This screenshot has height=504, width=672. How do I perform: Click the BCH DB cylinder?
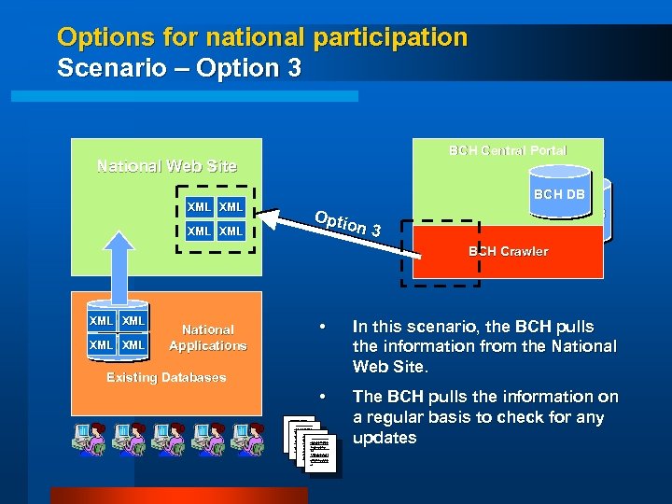coord(559,194)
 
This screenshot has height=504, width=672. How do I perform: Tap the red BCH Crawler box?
coord(509,251)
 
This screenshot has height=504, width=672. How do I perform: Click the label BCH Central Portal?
coord(508,150)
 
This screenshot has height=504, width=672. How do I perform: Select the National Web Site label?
coord(167,166)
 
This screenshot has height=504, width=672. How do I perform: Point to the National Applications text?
coord(208,337)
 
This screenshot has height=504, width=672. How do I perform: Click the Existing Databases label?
coord(166,377)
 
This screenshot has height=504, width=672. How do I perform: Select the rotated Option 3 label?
coord(347,223)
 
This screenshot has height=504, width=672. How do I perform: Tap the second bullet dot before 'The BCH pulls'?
coord(321,398)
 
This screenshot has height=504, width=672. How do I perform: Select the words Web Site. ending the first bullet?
coord(386,367)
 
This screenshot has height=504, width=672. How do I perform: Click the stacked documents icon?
coord(310,445)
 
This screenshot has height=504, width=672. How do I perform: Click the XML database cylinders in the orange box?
coord(118,332)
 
